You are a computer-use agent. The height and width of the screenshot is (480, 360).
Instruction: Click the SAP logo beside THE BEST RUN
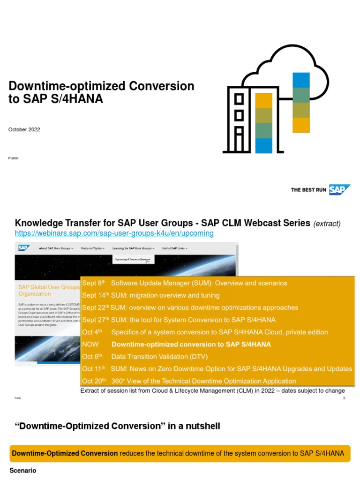(x=339, y=190)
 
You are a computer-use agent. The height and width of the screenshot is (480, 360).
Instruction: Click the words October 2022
(x=24, y=130)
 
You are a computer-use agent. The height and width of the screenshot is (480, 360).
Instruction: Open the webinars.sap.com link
(x=114, y=233)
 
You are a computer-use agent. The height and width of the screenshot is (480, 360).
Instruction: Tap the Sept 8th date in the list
(x=94, y=283)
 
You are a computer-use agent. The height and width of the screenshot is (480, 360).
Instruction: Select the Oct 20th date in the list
(x=94, y=381)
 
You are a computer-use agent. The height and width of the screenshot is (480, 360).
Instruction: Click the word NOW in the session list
(x=90, y=344)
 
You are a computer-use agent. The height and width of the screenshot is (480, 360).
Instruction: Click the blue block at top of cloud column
(x=300, y=80)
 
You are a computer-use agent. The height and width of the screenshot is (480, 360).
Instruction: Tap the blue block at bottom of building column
(x=264, y=145)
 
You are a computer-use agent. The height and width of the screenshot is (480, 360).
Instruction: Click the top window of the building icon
(x=239, y=99)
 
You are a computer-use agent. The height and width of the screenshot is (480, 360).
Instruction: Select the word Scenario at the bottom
(x=23, y=470)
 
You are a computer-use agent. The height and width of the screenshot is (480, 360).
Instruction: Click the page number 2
(x=344, y=398)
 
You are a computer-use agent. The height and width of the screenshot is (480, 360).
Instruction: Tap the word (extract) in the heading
(x=327, y=224)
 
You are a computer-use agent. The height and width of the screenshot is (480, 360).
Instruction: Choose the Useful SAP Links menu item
(x=174, y=248)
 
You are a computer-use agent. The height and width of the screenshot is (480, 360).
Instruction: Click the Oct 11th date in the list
(x=94, y=369)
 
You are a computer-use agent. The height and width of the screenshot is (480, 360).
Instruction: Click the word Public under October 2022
(x=14, y=158)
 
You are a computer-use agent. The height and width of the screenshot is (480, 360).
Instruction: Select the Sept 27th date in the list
(x=95, y=320)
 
